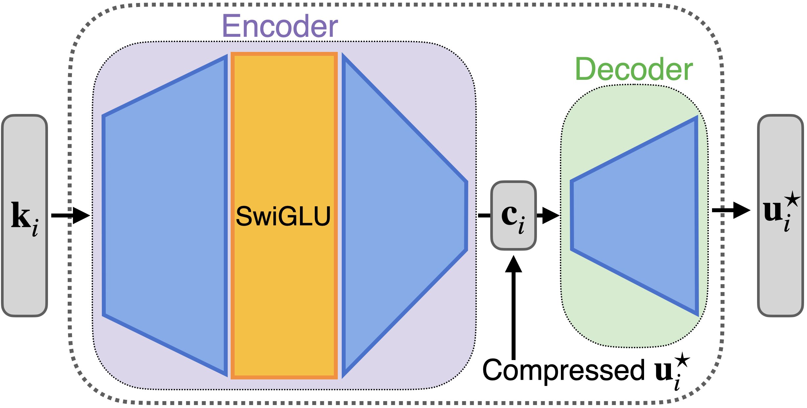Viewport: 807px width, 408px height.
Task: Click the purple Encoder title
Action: point(280,26)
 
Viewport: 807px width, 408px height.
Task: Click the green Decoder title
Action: point(634,69)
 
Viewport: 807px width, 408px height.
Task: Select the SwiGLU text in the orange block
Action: point(283,216)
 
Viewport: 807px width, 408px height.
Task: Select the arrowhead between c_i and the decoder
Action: point(550,215)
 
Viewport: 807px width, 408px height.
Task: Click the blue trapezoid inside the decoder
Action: point(641,215)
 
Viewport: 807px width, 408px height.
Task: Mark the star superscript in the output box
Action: point(792,199)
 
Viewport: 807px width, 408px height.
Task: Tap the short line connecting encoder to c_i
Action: point(484,215)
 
